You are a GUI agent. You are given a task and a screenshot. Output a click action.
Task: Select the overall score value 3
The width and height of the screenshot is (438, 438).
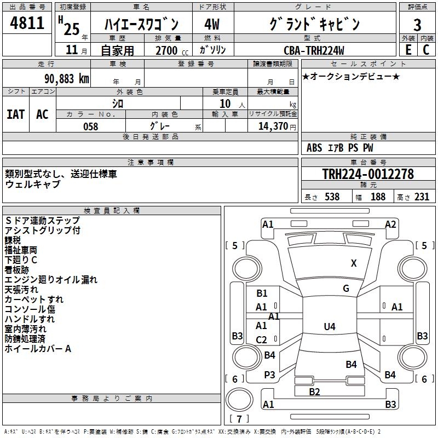[x=417, y=25]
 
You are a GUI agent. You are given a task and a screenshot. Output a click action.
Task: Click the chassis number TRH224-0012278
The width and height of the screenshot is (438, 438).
[x=368, y=174]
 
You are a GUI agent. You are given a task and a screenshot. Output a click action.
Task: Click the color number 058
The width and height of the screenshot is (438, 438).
[x=90, y=126]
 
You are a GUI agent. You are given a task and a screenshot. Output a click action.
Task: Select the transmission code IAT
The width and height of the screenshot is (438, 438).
[x=16, y=114]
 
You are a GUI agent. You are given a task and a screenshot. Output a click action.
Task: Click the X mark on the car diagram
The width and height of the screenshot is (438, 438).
[x=354, y=263]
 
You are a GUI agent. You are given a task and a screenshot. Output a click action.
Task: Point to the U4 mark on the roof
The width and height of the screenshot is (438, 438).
[x=329, y=327]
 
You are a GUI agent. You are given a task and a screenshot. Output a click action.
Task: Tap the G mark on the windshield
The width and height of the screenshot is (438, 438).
[x=346, y=289]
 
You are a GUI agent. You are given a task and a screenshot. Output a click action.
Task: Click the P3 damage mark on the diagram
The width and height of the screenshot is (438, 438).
[x=269, y=374]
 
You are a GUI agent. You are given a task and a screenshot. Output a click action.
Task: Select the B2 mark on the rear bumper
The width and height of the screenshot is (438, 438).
[x=314, y=391]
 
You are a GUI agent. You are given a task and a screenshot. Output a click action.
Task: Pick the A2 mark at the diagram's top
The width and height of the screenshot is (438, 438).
[x=390, y=224]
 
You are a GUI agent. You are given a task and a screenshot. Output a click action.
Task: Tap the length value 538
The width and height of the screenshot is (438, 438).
[x=332, y=197]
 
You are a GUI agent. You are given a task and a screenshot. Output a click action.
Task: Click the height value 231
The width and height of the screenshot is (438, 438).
[x=422, y=197]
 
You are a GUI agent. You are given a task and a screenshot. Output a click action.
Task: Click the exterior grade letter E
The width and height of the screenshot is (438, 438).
[x=408, y=50]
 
